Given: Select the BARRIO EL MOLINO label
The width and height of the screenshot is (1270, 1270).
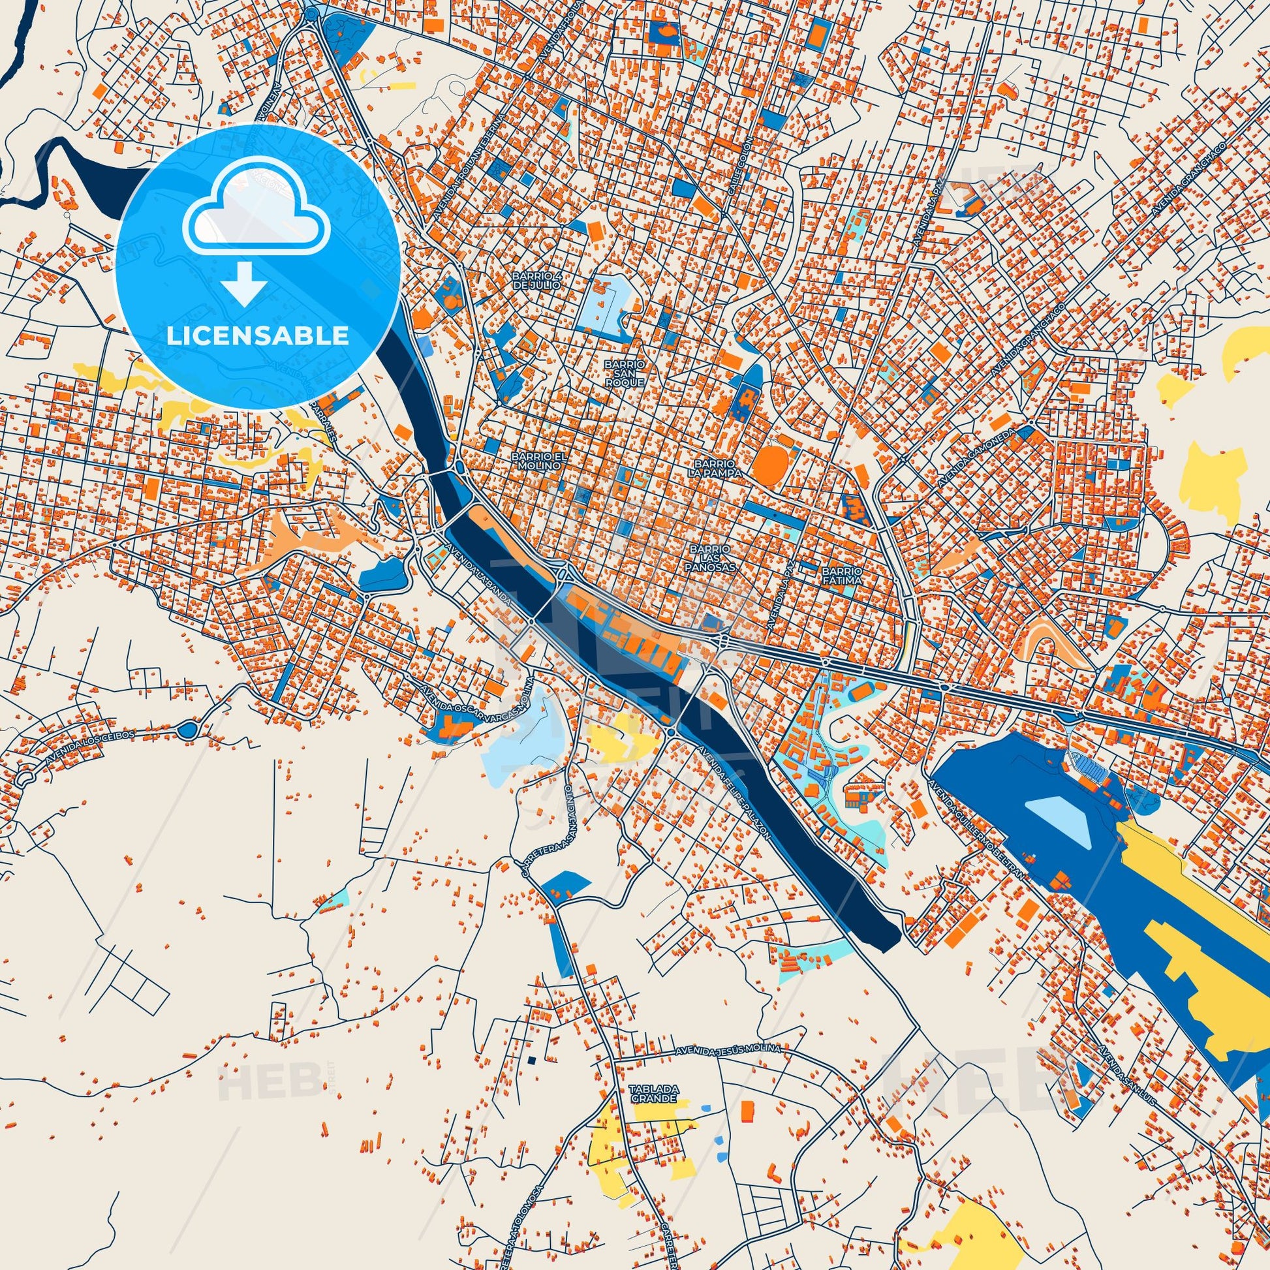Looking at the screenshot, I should click(x=537, y=460).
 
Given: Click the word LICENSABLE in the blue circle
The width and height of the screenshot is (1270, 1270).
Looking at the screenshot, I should click(x=257, y=335).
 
